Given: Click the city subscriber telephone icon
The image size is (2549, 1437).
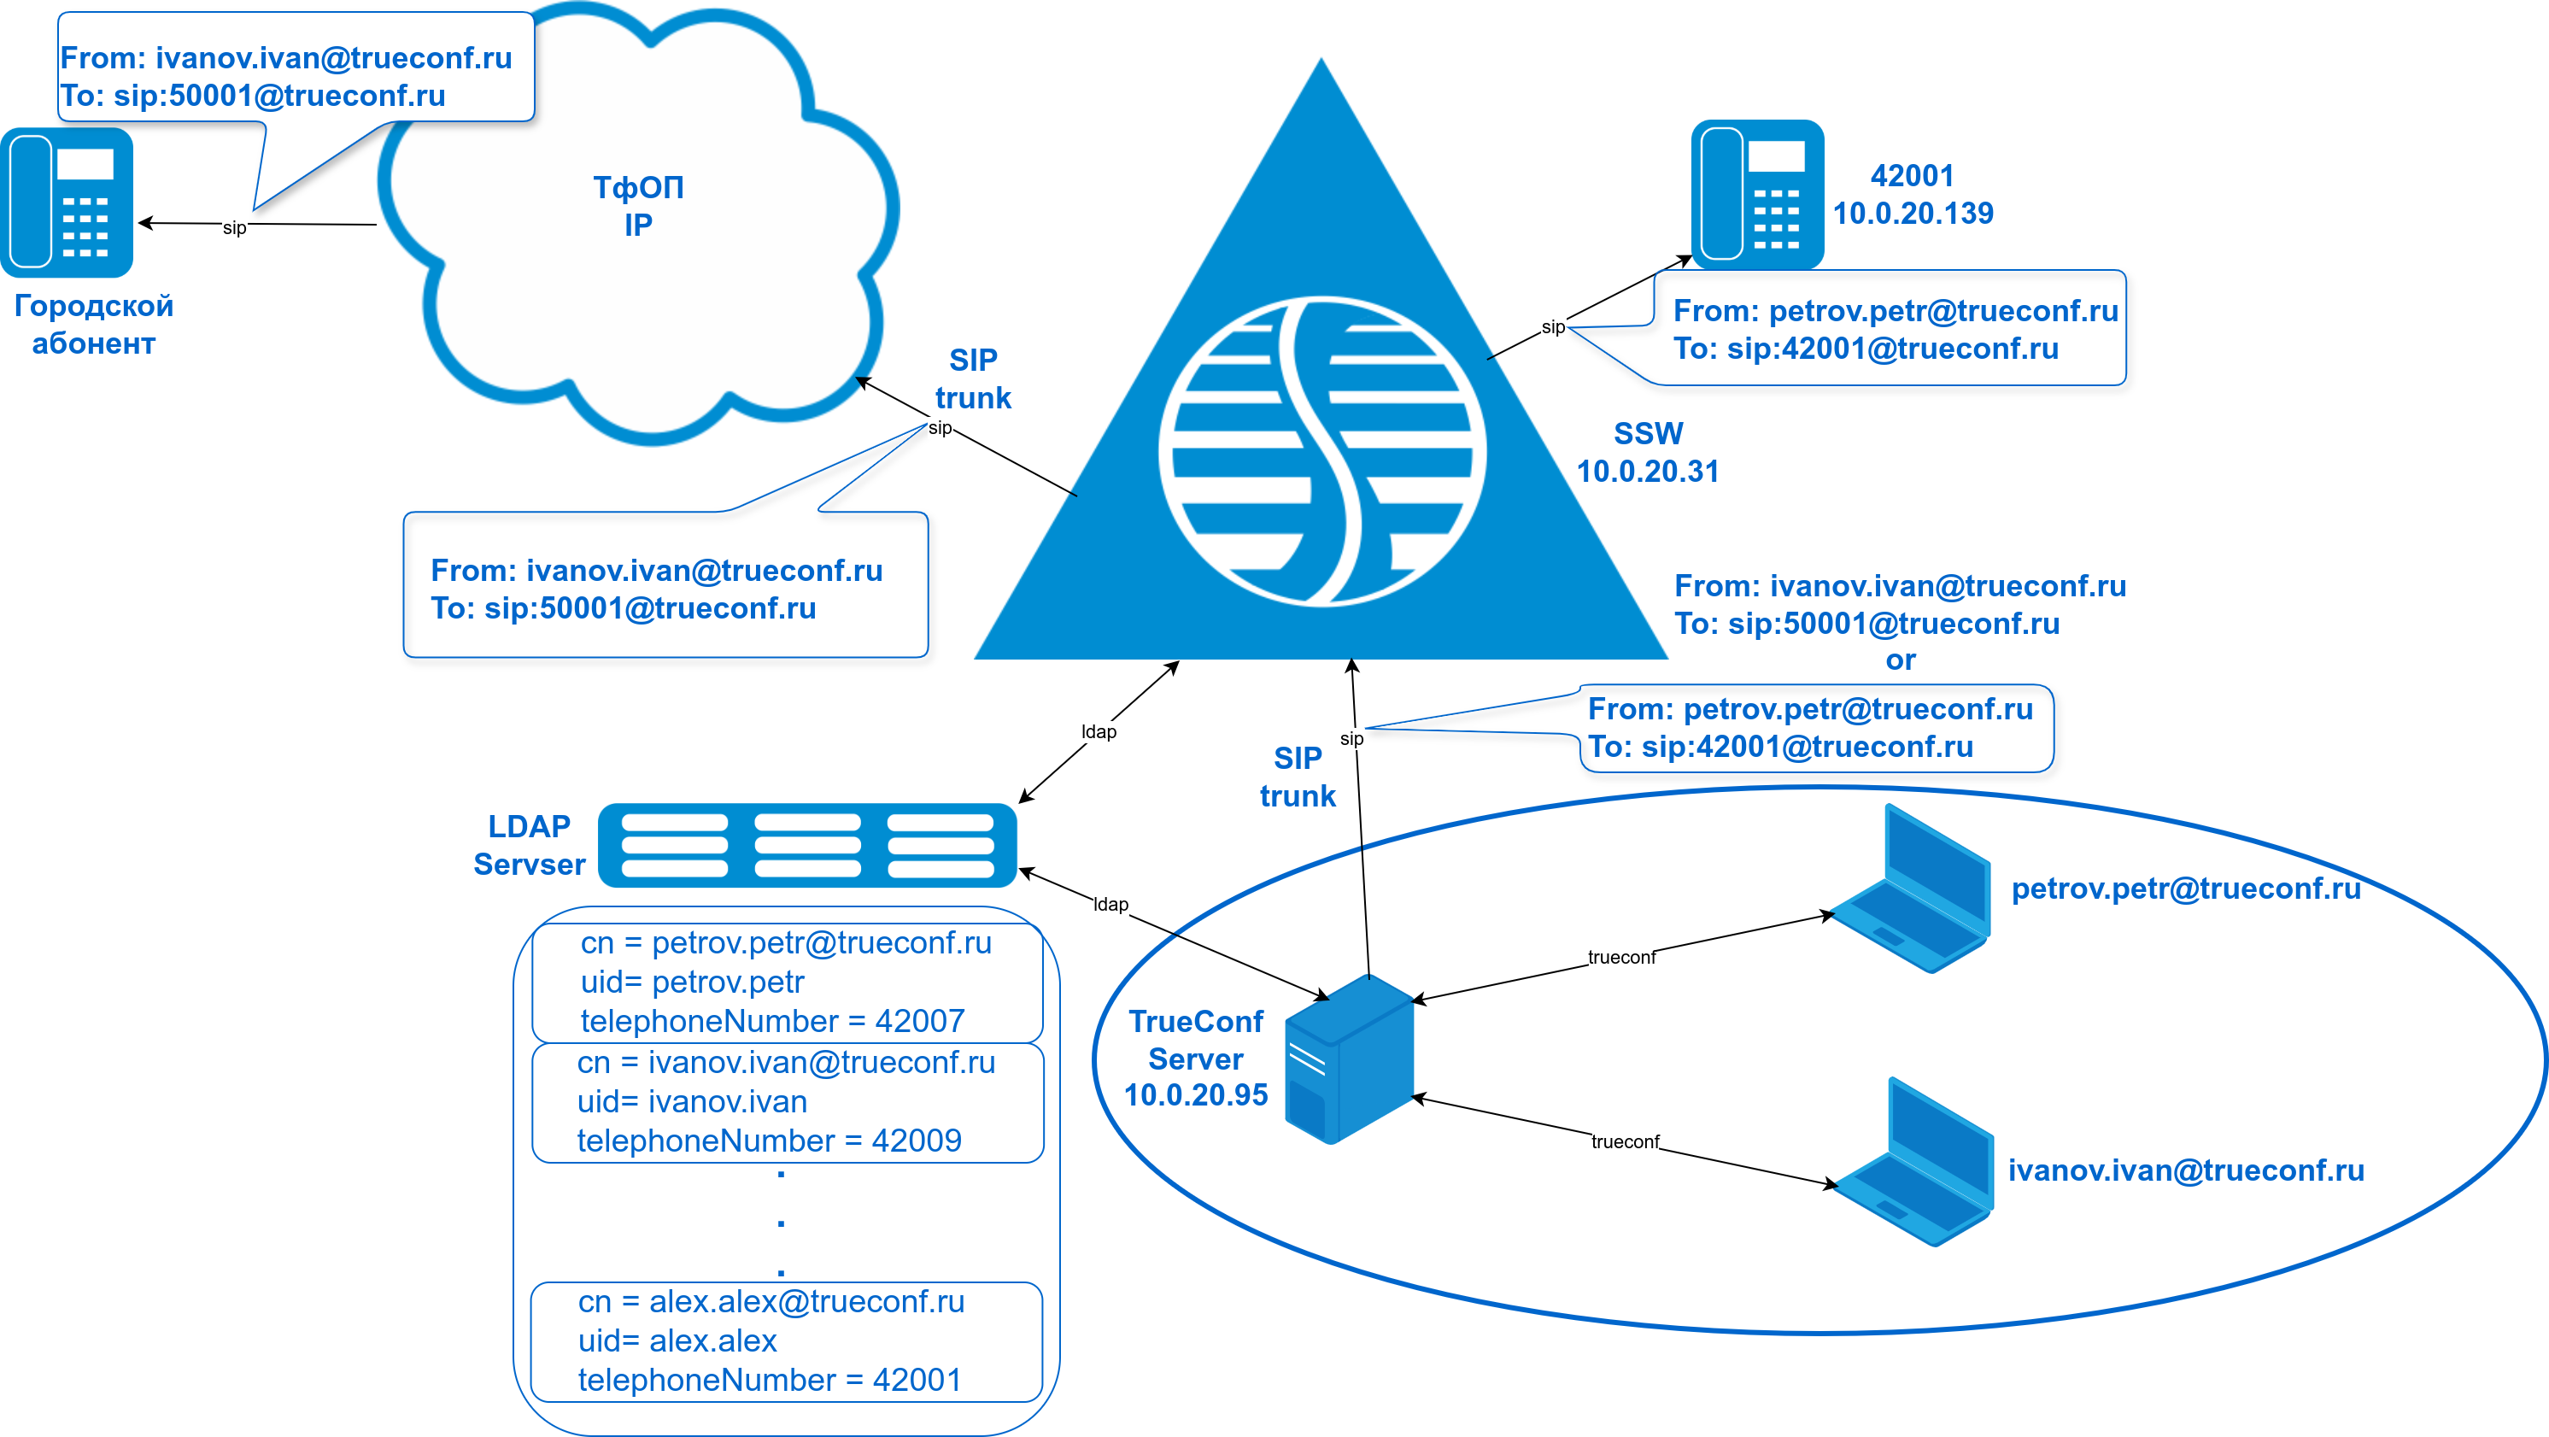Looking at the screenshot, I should pyautogui.click(x=67, y=202).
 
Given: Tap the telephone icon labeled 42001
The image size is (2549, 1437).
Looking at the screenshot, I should pyautogui.click(x=1756, y=194).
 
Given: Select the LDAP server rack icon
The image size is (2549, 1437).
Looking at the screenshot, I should pyautogui.click(x=807, y=845).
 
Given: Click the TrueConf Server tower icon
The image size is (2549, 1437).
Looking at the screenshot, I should pyautogui.click(x=1349, y=1059).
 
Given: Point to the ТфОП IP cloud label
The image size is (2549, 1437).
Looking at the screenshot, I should pyautogui.click(x=638, y=206).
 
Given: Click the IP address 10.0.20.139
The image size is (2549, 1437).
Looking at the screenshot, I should pyautogui.click(x=1913, y=214).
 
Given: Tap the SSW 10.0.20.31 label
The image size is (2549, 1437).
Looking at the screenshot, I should pyautogui.click(x=1648, y=452).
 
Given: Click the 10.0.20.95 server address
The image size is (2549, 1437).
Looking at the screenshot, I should pyautogui.click(x=1195, y=1095).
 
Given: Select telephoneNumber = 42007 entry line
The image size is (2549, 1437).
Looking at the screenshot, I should pyautogui.click(x=772, y=1020).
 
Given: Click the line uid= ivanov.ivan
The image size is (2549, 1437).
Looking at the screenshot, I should pyautogui.click(x=692, y=1101).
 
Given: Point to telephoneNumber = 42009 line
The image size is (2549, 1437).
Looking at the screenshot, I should pyautogui.click(x=769, y=1140).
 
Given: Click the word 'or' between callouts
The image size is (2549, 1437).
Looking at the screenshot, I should pyautogui.click(x=1900, y=660).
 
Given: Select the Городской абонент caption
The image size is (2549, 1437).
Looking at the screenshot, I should pyautogui.click(x=94, y=325).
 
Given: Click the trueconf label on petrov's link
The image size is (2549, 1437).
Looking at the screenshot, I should pyautogui.click(x=1620, y=957).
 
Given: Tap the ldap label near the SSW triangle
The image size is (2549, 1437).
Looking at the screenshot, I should pyautogui.click(x=1099, y=731).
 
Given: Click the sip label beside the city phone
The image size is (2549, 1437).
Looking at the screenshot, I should pyautogui.click(x=235, y=227).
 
